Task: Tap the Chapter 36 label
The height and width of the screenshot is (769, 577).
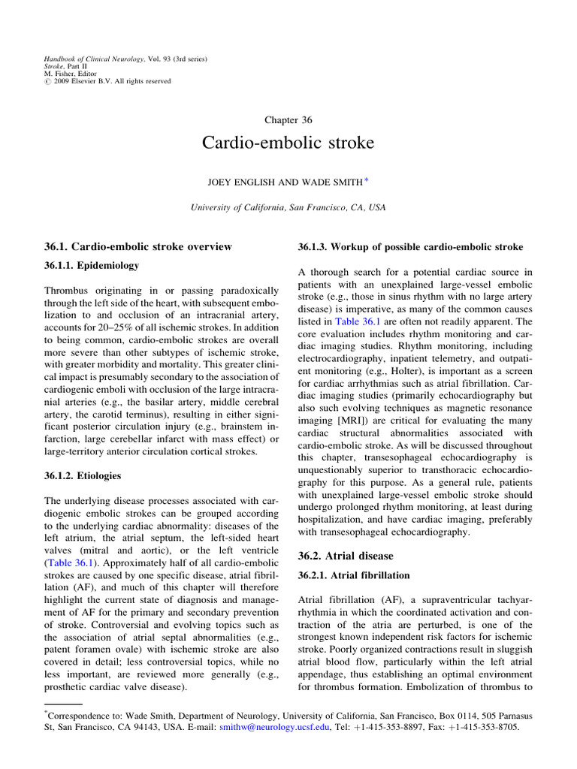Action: [x=288, y=119]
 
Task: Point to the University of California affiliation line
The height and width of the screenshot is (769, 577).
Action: [x=288, y=207]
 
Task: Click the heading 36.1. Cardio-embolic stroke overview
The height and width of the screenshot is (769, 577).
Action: [x=140, y=246]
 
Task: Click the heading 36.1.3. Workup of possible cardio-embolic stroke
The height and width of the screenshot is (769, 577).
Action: [x=410, y=247]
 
